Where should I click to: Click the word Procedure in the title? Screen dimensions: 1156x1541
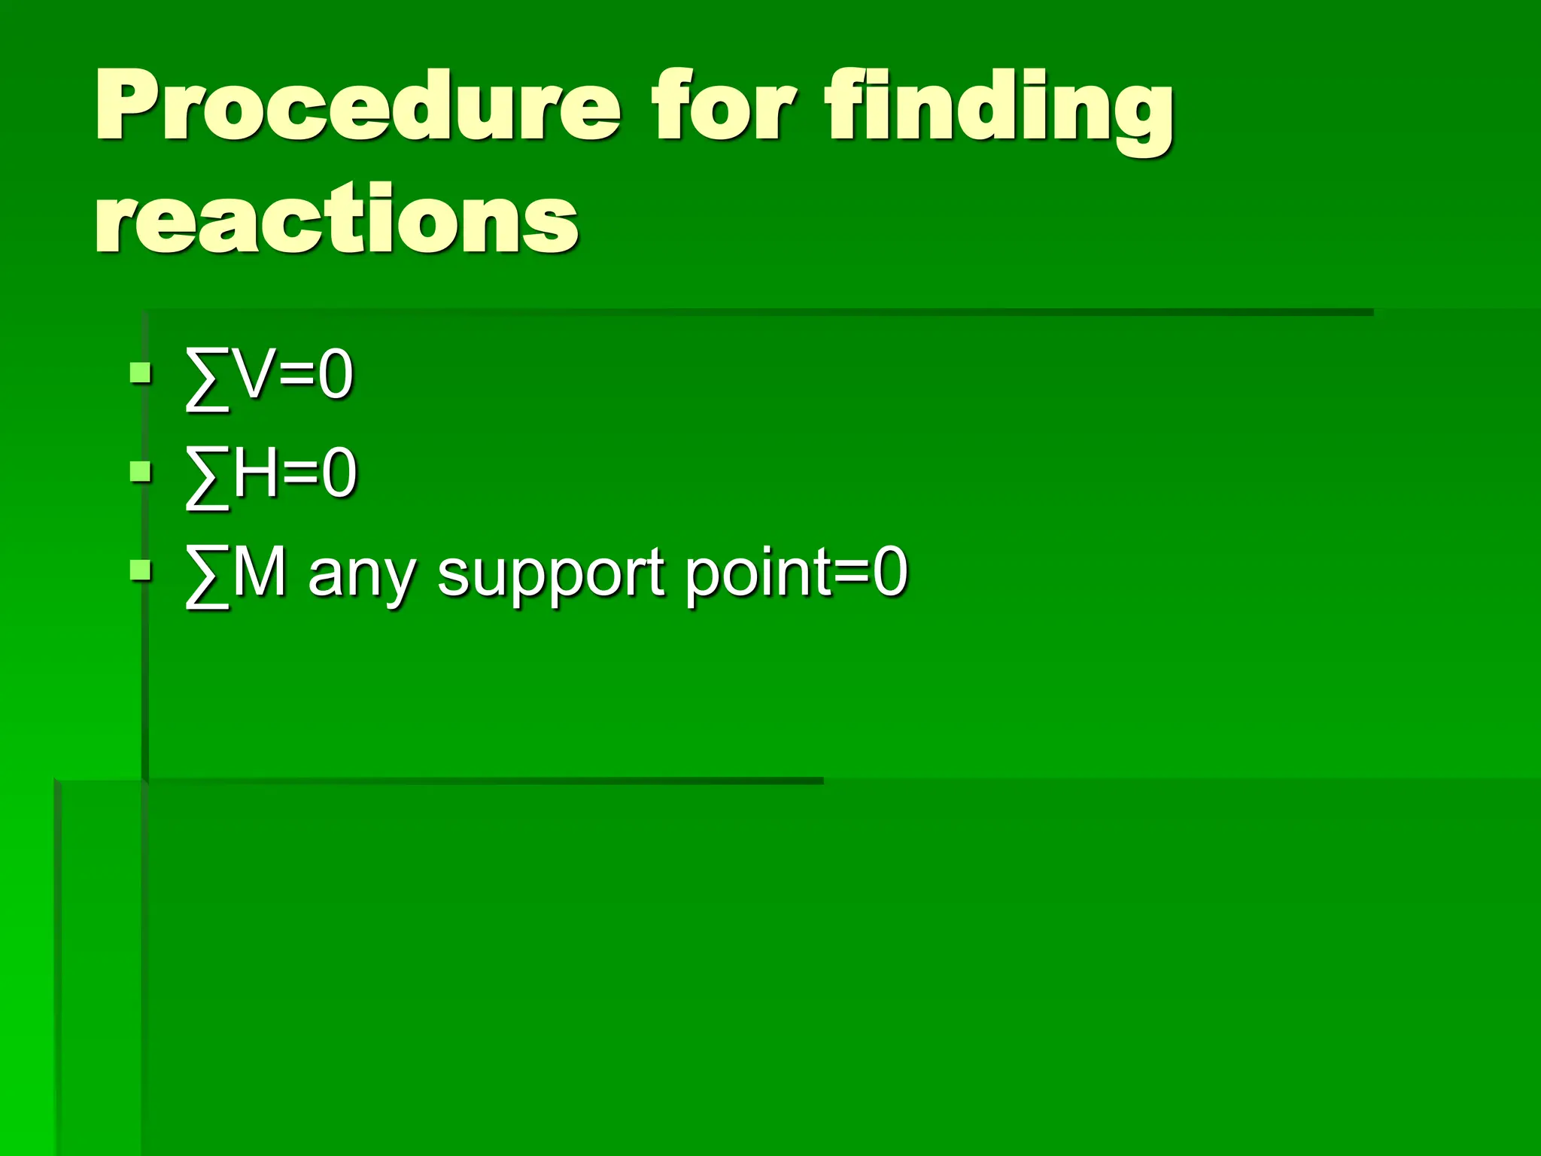coord(358,105)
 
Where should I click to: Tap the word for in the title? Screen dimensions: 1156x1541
coord(722,105)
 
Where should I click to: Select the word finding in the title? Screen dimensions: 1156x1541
coord(998,109)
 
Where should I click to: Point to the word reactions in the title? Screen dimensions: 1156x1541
coord(336,218)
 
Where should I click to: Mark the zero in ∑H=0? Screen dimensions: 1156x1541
coord(339,473)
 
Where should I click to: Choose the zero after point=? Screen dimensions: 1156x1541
coord(890,573)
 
